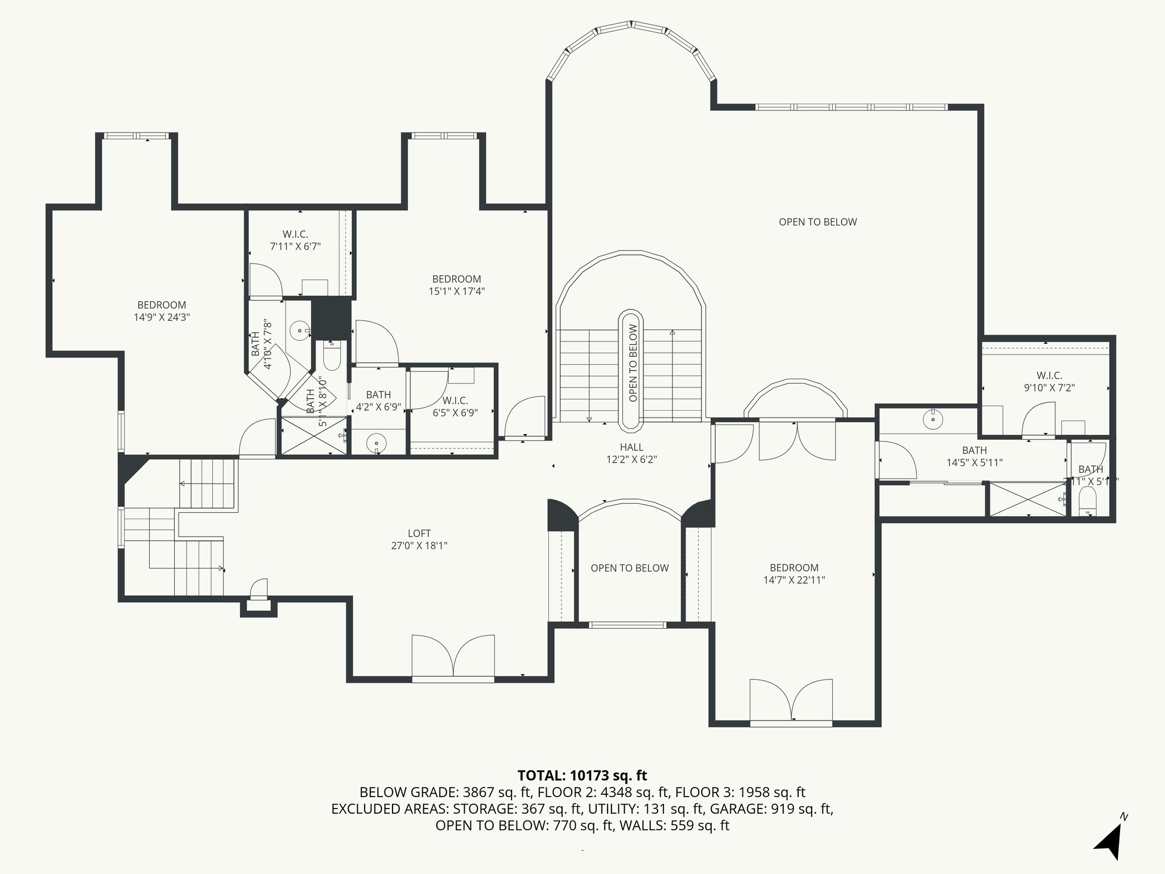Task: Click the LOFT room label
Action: point(419,539)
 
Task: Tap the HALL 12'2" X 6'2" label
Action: point(631,454)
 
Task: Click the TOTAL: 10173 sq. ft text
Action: point(582,775)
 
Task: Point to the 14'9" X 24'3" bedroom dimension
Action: point(162,318)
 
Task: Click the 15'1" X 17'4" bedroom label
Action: point(456,285)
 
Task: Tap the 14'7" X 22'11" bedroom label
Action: point(794,574)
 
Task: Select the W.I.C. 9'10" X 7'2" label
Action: point(1049,382)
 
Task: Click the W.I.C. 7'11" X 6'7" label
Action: point(295,240)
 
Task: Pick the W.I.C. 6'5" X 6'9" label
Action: point(455,407)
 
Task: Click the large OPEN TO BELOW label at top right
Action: point(817,222)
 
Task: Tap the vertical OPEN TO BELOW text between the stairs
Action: point(633,362)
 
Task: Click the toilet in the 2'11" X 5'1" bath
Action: point(1088,498)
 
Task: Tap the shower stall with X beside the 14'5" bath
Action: point(1027,499)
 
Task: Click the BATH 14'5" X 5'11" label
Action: point(974,456)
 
